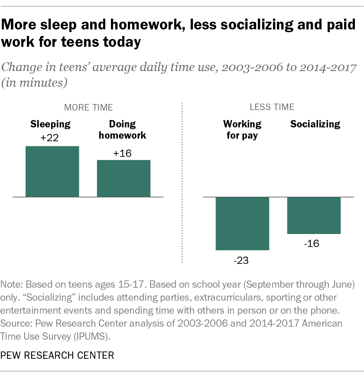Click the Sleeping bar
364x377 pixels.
pos(52,172)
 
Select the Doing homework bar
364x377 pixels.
pos(123,179)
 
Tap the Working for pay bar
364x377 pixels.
pos(242,224)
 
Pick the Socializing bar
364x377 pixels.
pos(314,215)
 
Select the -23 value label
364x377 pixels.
pos(242,260)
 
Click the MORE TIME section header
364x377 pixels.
pos(88,107)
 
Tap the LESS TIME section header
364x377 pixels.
pos(272,107)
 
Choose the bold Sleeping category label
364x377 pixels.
pos(50,124)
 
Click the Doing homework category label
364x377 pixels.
pos(123,130)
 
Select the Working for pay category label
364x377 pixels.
pos(242,130)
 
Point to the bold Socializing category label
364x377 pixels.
pos(315,124)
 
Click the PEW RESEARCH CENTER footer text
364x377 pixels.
pos(58,356)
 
